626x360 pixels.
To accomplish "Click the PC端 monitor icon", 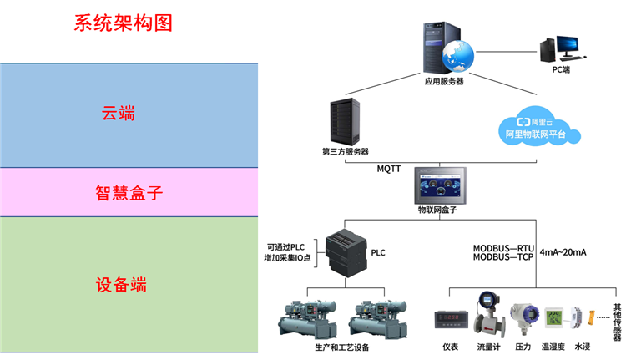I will coord(560,49).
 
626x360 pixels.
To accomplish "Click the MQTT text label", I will coord(390,169).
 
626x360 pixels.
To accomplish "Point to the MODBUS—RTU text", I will coord(504,248).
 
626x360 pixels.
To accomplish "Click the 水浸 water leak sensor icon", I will coord(583,318).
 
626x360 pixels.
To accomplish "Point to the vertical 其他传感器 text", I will coord(617,322).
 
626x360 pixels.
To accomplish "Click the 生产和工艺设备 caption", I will coord(342,347).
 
